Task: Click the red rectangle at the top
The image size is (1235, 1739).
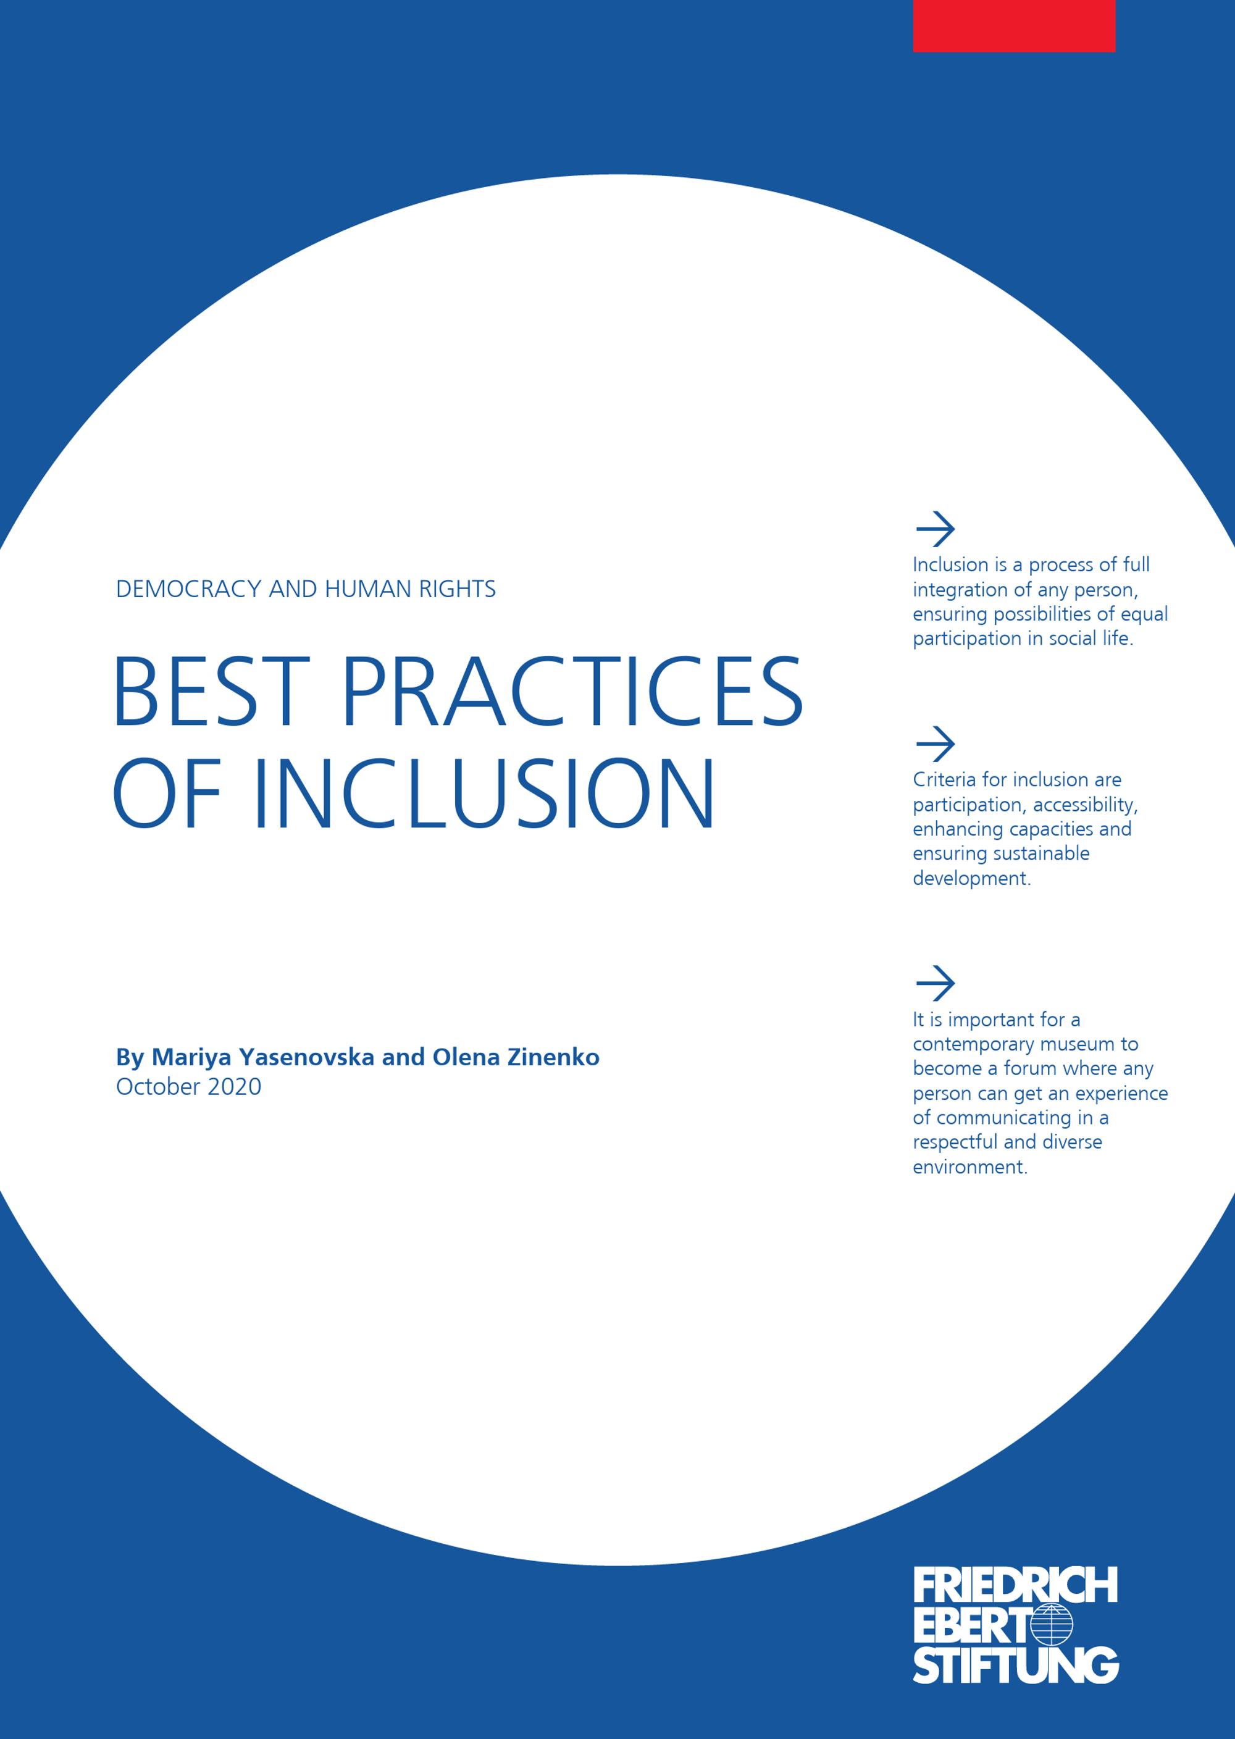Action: click(1014, 26)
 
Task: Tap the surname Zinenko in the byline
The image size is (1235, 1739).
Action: click(555, 1058)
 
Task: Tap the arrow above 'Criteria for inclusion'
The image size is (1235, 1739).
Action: click(935, 744)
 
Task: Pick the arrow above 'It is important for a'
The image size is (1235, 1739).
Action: click(935, 984)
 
